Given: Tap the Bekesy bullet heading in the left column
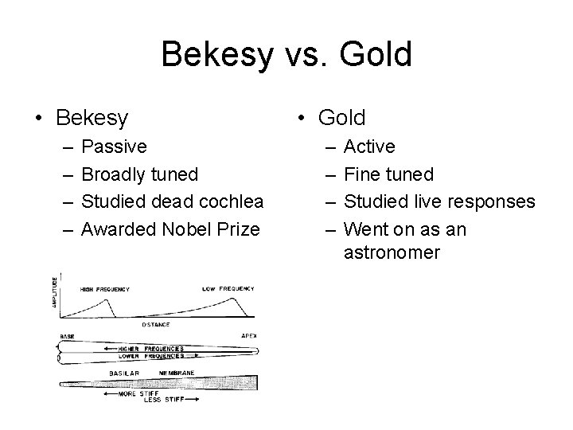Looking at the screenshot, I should (x=92, y=119).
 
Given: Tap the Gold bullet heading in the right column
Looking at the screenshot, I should (x=341, y=119).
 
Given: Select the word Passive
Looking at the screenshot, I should (x=114, y=147).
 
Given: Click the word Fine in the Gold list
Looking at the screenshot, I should (x=361, y=174).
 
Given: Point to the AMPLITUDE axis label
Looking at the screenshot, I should (x=55, y=293).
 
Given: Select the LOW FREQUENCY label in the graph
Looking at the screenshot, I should (x=228, y=287).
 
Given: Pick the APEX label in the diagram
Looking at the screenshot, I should (x=248, y=337).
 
